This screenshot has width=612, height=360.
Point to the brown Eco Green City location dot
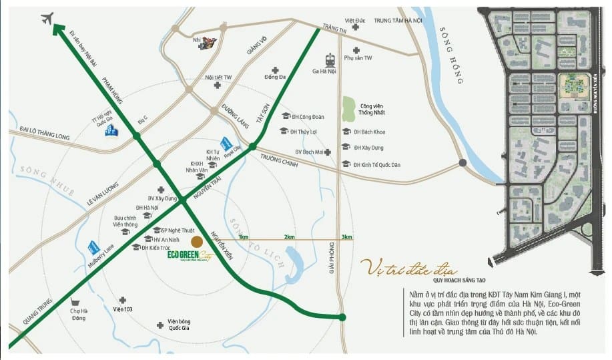[196, 241]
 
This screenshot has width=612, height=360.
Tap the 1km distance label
[243, 236]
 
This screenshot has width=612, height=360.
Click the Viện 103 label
[123, 309]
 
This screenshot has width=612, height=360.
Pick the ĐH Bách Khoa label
[368, 131]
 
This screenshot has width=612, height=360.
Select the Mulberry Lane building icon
[93, 248]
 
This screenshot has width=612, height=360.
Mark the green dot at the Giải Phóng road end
[342, 317]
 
